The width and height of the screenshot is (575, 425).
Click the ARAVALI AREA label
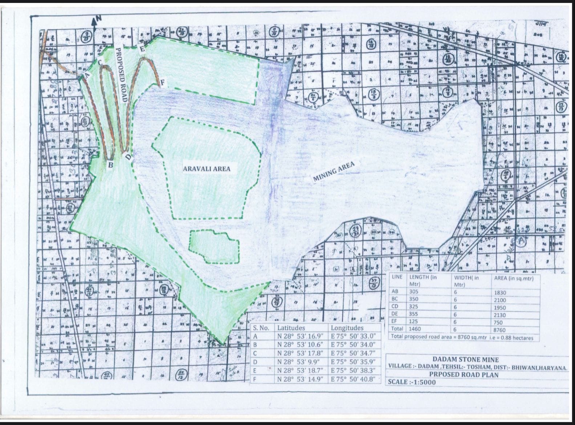206,169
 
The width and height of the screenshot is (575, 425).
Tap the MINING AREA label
334,171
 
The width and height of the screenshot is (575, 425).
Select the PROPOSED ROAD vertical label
121,75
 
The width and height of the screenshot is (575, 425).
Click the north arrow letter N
99,19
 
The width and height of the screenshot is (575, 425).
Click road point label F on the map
163,83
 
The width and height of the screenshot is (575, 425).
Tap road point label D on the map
128,157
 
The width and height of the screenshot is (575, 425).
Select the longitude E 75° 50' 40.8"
353,379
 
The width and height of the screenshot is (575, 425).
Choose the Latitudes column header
291,328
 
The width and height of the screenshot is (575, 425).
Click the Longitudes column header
347,328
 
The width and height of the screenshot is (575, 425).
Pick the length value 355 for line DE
414,314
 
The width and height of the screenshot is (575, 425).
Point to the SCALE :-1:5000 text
412,382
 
